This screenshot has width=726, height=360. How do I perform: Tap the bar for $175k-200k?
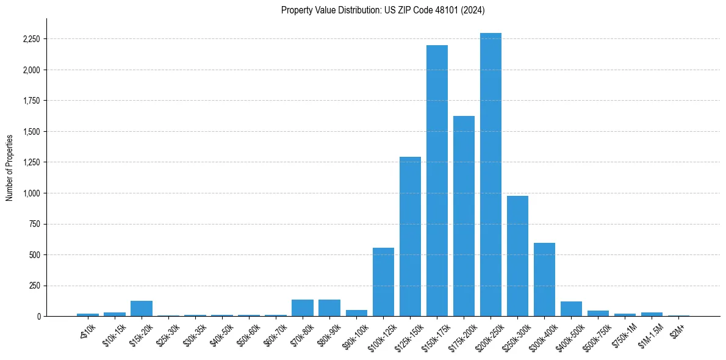tap(464, 216)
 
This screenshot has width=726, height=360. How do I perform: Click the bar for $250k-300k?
tap(517, 256)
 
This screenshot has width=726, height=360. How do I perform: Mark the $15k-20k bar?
tap(142, 309)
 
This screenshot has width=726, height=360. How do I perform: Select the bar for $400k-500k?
tap(571, 309)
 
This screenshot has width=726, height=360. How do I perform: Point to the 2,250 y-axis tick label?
tap(31, 39)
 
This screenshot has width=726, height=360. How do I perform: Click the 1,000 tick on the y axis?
tap(31, 193)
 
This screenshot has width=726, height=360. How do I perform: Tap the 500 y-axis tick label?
tap(34, 255)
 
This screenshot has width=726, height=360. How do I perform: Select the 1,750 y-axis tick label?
tap(31, 101)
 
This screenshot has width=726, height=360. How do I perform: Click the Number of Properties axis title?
tap(9, 167)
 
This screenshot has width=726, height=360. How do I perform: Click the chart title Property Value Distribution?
tap(383, 10)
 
